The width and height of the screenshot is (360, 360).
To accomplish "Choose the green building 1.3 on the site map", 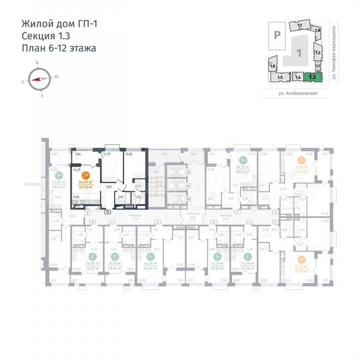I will [312, 77].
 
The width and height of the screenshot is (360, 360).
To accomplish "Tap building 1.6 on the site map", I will [273, 67].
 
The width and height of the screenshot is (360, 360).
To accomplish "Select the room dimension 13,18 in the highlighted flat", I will [129, 155].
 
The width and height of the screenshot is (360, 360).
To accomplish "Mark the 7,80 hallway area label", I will [108, 187].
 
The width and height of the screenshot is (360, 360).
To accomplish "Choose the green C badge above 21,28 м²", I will [248, 256].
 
